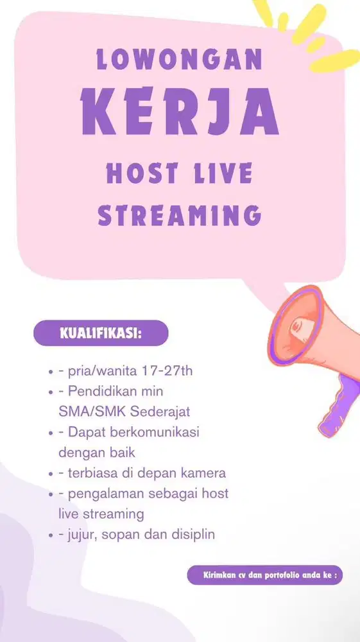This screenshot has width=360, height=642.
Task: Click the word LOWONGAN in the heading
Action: tap(180, 59)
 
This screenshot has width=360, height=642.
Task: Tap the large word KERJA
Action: tap(180, 112)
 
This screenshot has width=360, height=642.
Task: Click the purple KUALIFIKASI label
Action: tap(101, 333)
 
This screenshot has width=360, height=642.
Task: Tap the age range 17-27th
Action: tap(166, 371)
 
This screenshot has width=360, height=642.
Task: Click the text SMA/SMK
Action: tap(92, 412)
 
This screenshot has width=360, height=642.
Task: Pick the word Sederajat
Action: tap(160, 412)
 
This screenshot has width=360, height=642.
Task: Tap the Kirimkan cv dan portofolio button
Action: tap(264, 575)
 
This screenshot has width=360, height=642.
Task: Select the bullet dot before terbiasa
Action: tap(51, 474)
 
